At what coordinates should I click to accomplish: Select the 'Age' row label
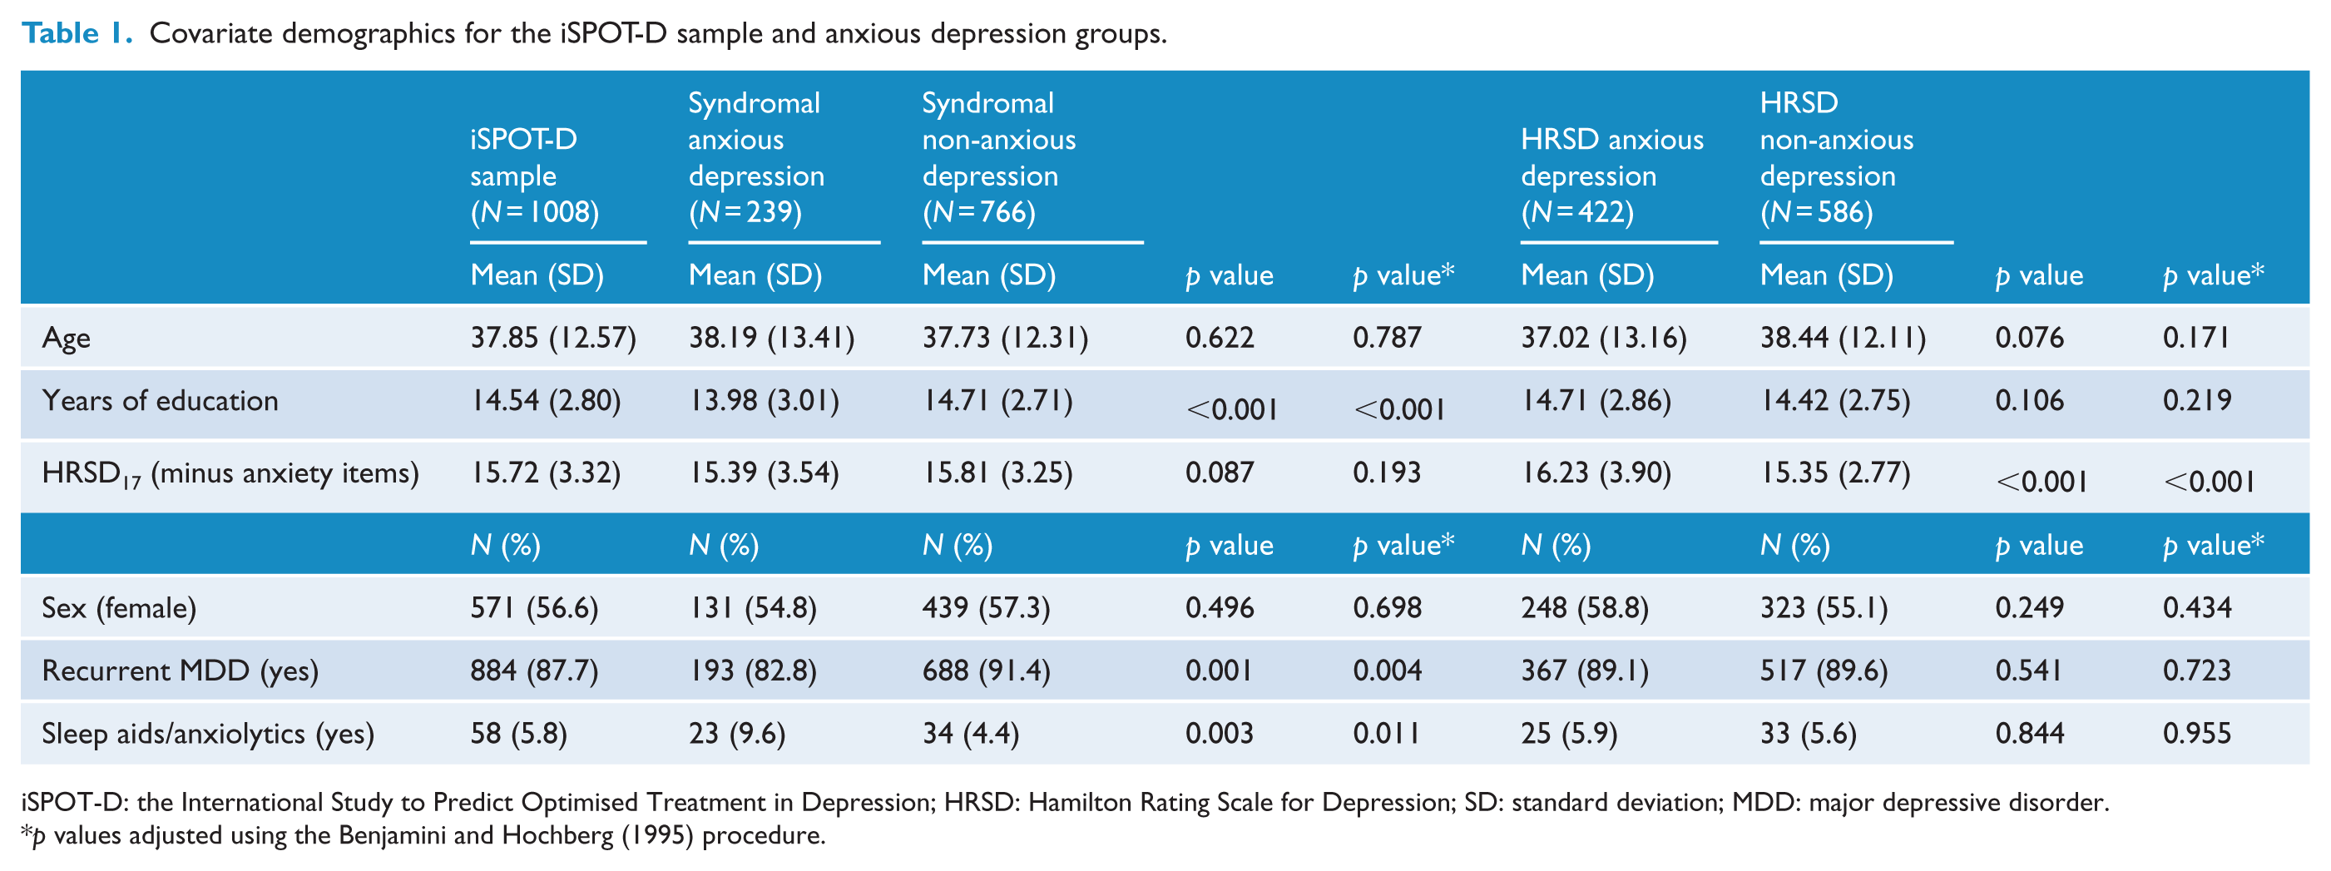pos(66,339)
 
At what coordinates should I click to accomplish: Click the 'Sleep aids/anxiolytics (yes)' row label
pos(208,734)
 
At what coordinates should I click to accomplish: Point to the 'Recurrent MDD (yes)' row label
pos(180,671)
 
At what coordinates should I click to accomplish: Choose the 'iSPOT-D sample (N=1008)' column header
pos(535,176)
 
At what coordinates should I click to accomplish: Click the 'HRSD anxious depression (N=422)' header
pos(1611,176)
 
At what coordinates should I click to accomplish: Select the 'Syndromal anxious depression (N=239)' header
pos(756,157)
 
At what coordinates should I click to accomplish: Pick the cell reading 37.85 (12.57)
pos(553,339)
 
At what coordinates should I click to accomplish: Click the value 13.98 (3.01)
pos(764,401)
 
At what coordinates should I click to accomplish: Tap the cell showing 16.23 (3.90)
pos(1596,473)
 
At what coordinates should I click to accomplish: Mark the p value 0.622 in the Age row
pos(1220,339)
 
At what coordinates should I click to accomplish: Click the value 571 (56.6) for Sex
pos(534,608)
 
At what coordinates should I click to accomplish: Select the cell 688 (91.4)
pos(987,671)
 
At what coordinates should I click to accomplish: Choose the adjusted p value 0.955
pos(2197,734)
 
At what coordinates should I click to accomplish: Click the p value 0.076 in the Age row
pos(2030,339)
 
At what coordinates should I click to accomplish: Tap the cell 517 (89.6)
pos(1824,671)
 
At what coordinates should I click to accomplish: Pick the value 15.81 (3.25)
pos(997,473)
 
